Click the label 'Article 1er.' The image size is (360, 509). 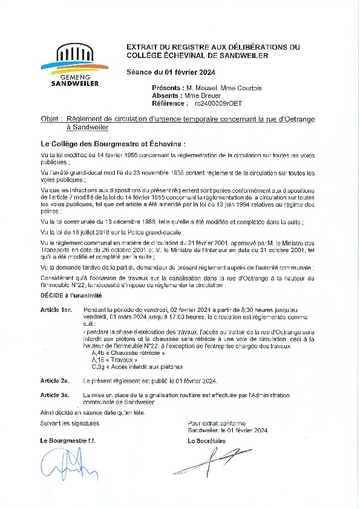(56, 309)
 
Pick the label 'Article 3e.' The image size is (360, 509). (55, 395)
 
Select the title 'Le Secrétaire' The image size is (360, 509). (207, 441)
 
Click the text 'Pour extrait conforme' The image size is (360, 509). (217, 423)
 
